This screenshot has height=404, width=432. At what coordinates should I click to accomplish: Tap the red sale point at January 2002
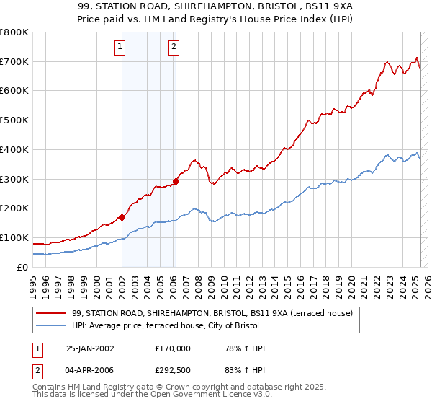(122, 216)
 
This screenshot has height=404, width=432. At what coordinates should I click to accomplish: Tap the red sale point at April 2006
(176, 181)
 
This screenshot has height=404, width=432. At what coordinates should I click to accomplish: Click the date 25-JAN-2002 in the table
(89, 348)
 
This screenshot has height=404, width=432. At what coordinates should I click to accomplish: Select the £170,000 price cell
(173, 348)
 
